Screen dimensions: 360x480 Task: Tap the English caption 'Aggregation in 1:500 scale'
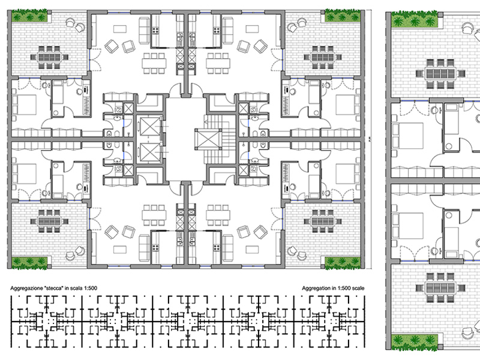coord(334,289)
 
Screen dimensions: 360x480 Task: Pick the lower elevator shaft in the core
coord(147,151)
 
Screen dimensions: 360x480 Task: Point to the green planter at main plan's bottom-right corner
coord(341,262)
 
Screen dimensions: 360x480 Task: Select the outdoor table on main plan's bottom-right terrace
coord(322,221)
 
